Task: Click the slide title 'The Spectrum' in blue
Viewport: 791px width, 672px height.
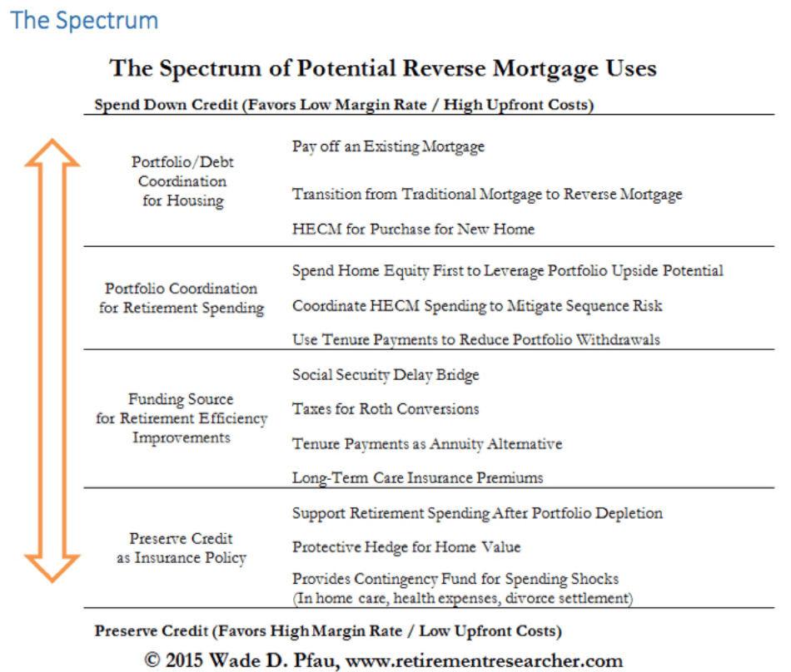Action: pyautogui.click(x=85, y=20)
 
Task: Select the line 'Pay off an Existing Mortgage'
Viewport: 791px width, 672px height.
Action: pyautogui.click(x=388, y=147)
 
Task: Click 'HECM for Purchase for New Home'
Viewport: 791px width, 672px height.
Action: pyautogui.click(x=413, y=229)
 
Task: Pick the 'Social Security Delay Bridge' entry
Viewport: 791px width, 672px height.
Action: pyautogui.click(x=386, y=375)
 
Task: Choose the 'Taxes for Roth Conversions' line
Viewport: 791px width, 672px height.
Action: pyautogui.click(x=386, y=409)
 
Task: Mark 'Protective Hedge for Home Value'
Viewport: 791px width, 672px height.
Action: pyautogui.click(x=406, y=547)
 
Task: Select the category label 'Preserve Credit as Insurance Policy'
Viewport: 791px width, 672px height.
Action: pyautogui.click(x=182, y=548)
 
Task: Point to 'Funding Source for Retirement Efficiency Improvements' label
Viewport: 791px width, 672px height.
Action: pyautogui.click(x=182, y=418)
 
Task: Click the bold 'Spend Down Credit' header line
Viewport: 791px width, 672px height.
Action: pyautogui.click(x=343, y=106)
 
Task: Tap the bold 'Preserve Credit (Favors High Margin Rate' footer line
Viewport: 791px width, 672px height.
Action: pyautogui.click(x=327, y=630)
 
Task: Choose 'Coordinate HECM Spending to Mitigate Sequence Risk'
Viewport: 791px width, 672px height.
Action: pyautogui.click(x=477, y=306)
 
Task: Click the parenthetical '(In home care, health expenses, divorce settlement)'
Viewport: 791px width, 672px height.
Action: pyautogui.click(x=462, y=598)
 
